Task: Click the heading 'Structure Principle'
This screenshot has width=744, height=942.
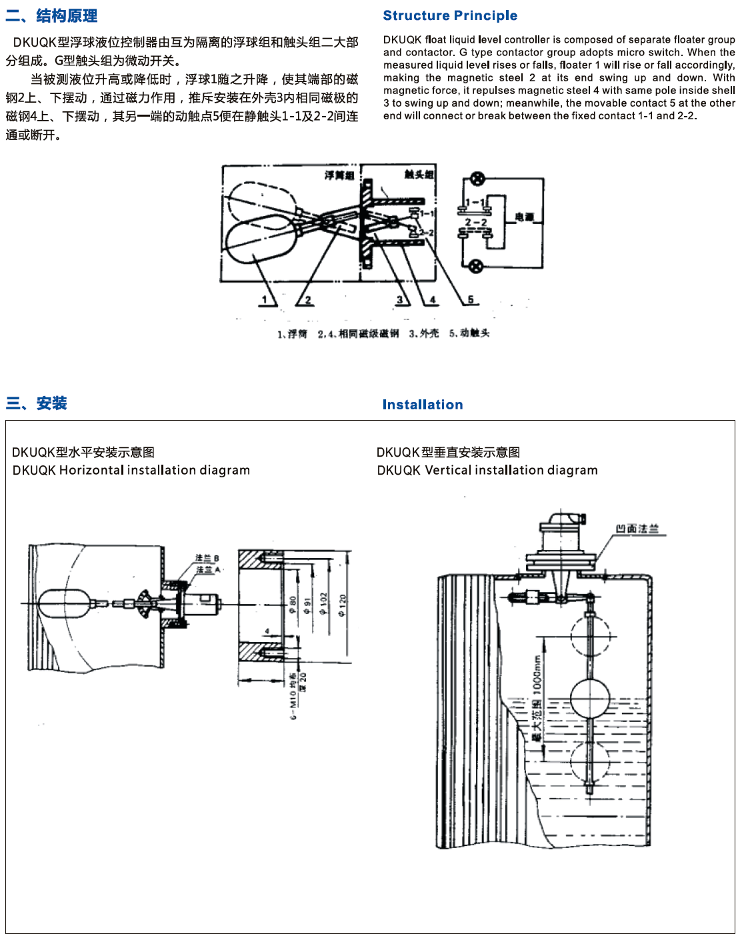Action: pyautogui.click(x=450, y=15)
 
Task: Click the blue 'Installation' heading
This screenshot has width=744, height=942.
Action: pyautogui.click(x=423, y=405)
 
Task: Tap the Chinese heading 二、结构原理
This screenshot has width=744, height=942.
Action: pyautogui.click(x=52, y=15)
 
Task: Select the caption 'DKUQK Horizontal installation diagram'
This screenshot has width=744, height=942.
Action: pyautogui.click(x=131, y=470)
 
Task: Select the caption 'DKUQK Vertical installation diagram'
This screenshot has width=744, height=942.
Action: pyautogui.click(x=487, y=470)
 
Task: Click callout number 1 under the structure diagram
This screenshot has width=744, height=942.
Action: pyautogui.click(x=265, y=300)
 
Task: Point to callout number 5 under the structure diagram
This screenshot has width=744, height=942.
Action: pyautogui.click(x=471, y=300)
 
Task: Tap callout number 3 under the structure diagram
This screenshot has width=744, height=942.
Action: pyautogui.click(x=400, y=300)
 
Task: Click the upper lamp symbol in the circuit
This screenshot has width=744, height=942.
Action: pyautogui.click(x=477, y=179)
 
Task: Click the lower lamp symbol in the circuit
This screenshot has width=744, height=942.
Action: pyautogui.click(x=475, y=267)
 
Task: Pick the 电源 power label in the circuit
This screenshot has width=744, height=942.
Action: pyautogui.click(x=525, y=217)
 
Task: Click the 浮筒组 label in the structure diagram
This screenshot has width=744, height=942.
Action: pyautogui.click(x=339, y=175)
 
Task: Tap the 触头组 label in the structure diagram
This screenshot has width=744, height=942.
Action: pyautogui.click(x=419, y=174)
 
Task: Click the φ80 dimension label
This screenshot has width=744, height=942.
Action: pyautogui.click(x=293, y=605)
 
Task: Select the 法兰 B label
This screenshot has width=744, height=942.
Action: pyautogui.click(x=207, y=558)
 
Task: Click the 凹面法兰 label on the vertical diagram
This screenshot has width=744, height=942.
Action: pyautogui.click(x=637, y=529)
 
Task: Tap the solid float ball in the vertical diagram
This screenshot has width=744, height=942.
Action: pyautogui.click(x=590, y=698)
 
